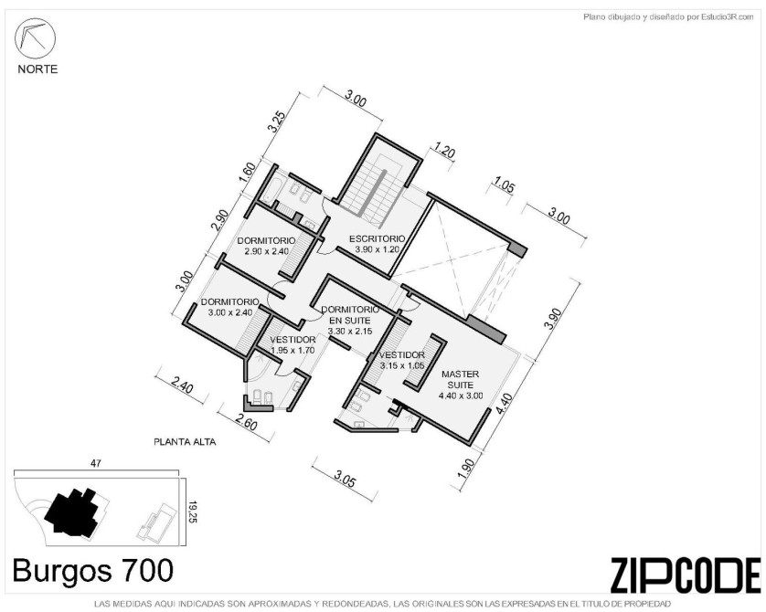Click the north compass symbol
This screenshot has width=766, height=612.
[35, 38]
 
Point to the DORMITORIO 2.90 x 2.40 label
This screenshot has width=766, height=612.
[266, 246]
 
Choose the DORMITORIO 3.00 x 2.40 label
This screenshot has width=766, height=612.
[229, 307]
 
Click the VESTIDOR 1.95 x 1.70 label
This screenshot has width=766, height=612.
[293, 344]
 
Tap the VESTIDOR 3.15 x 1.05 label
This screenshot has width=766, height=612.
[402, 360]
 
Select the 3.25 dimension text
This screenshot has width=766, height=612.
[275, 122]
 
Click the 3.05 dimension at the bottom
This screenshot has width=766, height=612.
[344, 480]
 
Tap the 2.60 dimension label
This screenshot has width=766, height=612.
[246, 421]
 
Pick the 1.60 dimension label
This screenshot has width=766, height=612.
[248, 173]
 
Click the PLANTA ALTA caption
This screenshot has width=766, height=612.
[185, 442]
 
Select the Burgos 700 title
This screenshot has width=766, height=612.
[93, 571]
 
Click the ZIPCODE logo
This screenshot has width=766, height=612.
[686, 575]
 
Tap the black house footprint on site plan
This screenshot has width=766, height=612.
[74, 512]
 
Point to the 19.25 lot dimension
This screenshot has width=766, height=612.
[193, 512]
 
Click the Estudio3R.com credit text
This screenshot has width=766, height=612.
[668, 17]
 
